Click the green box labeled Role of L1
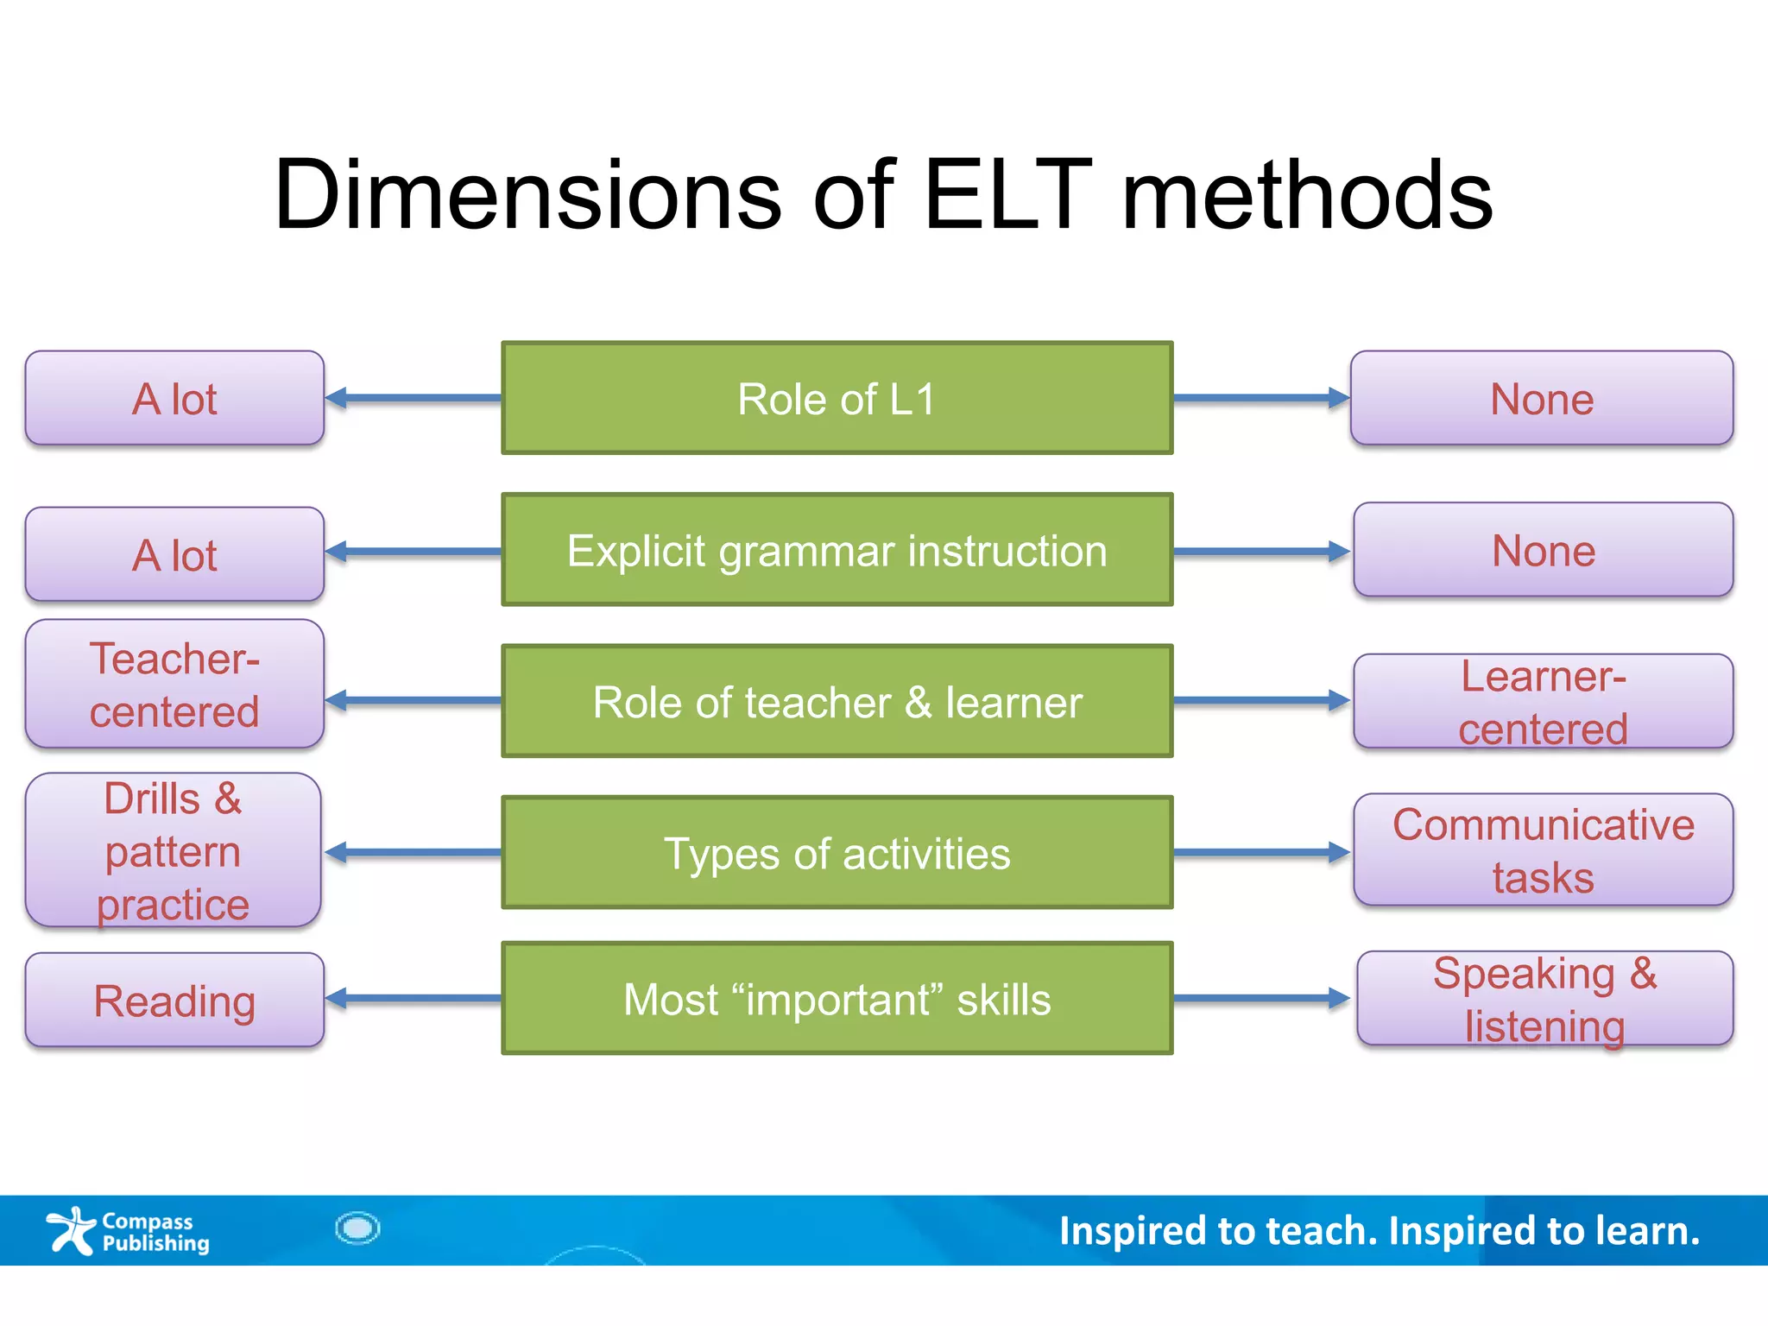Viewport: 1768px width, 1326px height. (837, 398)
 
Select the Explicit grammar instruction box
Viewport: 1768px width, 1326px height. (837, 550)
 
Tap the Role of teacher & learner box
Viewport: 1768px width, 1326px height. (837, 701)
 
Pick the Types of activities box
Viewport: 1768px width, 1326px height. (837, 853)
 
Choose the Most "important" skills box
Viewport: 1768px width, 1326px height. (837, 999)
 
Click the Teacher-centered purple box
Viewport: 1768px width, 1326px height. (174, 684)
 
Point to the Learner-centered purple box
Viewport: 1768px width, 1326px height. (1543, 701)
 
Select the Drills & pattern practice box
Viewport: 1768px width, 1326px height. (174, 850)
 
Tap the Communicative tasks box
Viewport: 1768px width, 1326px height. (1543, 850)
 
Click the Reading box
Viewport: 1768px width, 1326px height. (174, 1001)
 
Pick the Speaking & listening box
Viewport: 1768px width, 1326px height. (1544, 999)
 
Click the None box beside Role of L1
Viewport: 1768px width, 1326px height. (1542, 398)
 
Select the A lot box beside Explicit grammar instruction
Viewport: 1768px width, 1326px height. (174, 554)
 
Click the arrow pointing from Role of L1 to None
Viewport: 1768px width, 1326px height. (1260, 398)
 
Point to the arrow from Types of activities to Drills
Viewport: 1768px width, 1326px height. (413, 853)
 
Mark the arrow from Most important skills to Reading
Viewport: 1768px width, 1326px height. (413, 999)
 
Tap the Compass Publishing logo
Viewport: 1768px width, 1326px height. (128, 1231)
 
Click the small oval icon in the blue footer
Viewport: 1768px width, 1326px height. (357, 1228)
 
